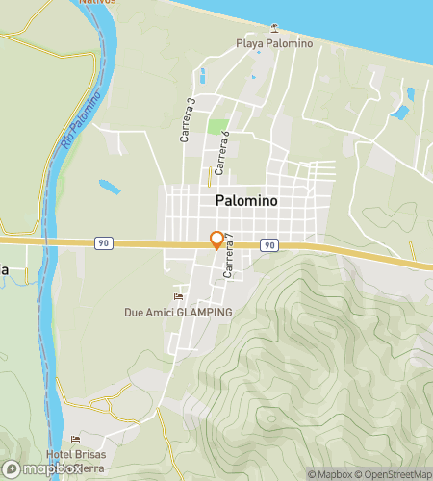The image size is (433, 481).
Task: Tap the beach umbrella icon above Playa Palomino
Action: click(275, 27)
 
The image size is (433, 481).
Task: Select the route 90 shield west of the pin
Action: click(103, 243)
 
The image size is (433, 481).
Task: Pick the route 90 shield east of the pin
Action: click(269, 246)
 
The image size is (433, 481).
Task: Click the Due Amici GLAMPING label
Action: click(178, 313)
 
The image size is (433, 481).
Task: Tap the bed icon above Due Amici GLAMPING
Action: click(177, 296)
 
